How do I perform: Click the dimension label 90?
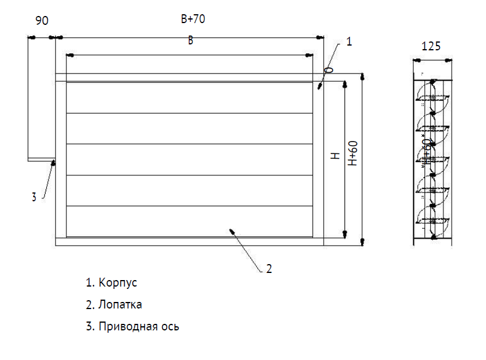[41, 20]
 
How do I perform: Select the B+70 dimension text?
[193, 20]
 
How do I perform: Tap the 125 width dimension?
[431, 46]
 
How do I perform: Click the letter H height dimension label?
[335, 156]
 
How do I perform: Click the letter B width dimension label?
[190, 40]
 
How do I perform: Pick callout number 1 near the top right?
[349, 41]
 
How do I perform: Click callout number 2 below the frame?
[269, 269]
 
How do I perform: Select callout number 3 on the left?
[34, 198]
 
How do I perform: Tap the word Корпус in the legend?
[118, 282]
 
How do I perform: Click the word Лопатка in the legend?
[120, 304]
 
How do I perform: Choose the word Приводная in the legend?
[128, 326]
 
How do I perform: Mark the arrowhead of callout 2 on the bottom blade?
[232, 230]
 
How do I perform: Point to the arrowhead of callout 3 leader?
[54, 162]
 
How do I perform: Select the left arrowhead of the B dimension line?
[70, 55]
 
